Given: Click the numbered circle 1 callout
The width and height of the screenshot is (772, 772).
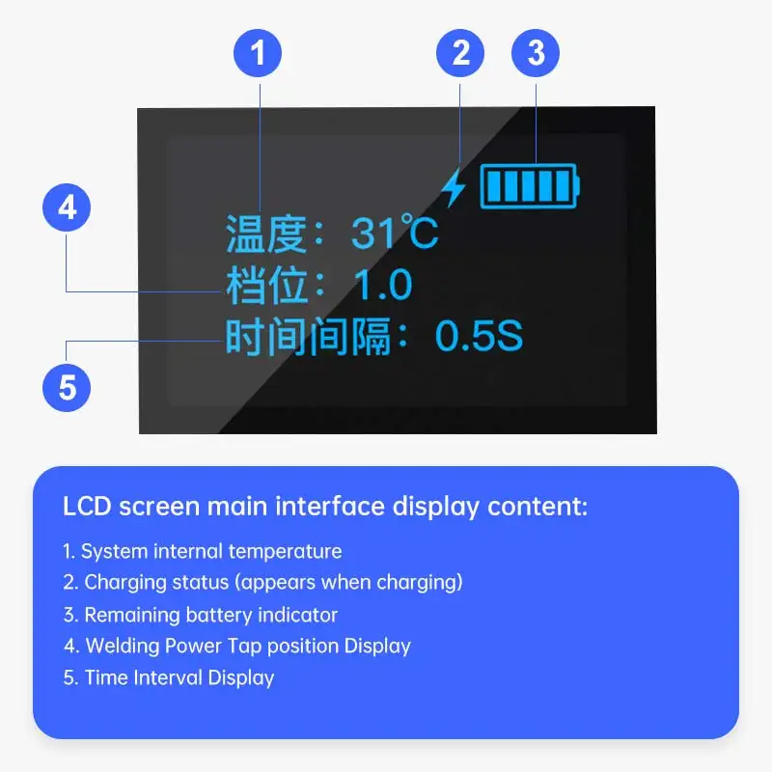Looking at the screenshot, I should coord(258,53).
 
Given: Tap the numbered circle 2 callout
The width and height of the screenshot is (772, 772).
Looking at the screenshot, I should coord(461,53).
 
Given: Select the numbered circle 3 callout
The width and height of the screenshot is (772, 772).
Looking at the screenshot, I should coord(536,53).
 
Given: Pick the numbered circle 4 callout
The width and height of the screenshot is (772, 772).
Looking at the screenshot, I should coord(68,207).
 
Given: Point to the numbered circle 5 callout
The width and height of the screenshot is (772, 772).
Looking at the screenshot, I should coord(68,387).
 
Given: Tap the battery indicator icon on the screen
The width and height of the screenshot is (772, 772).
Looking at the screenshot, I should coord(531,185).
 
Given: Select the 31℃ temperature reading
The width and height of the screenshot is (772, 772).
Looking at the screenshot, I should coord(395,233).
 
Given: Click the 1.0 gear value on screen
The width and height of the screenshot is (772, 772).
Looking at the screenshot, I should coord(382,285).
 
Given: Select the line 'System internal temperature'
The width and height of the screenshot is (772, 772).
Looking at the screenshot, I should coord(203,552).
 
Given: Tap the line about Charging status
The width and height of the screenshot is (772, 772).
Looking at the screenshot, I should coord(263,583).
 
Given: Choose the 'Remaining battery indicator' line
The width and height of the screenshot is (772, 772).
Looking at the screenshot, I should coord(201,615).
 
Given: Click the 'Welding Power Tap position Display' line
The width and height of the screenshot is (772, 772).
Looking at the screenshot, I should coord(237,646).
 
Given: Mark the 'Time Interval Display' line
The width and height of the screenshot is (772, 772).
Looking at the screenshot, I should coord(169,677).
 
